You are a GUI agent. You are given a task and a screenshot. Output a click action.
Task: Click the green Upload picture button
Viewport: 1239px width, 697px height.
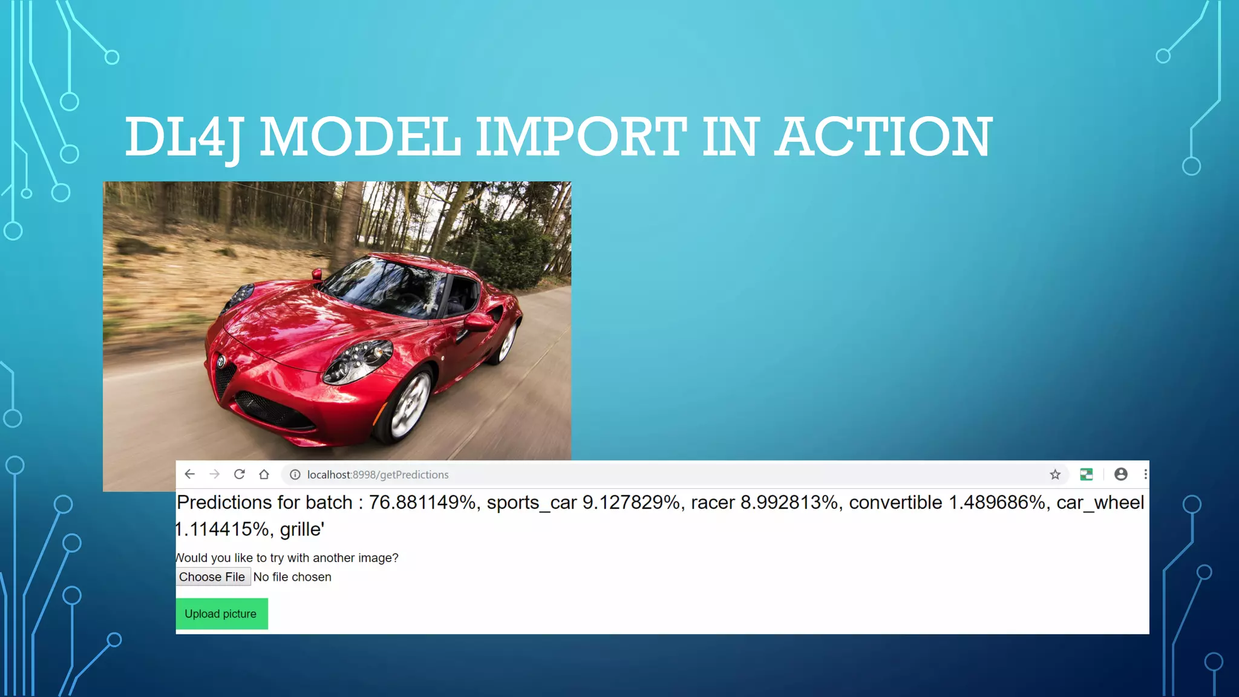point(221,614)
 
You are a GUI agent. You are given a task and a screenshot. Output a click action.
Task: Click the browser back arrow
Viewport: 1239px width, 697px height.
point(190,474)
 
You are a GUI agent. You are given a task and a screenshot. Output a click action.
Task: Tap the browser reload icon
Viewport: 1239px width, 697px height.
point(240,474)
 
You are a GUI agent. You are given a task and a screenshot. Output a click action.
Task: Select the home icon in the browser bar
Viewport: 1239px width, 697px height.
point(264,474)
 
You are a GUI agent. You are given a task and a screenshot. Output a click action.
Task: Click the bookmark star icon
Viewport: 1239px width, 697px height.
point(1055,474)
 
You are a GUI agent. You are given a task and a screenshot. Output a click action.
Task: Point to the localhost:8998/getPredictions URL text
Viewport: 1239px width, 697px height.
point(378,475)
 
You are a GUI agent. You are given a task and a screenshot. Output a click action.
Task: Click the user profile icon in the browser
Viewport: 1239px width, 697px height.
point(1120,474)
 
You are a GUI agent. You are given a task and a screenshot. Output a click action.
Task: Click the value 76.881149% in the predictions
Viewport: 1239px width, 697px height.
point(422,503)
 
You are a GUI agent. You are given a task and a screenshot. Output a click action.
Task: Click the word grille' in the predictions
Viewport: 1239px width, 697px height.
point(302,529)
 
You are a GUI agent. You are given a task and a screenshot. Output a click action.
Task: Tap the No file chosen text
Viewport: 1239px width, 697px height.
point(292,577)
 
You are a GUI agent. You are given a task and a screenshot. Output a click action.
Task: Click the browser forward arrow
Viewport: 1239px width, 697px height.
point(215,474)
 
